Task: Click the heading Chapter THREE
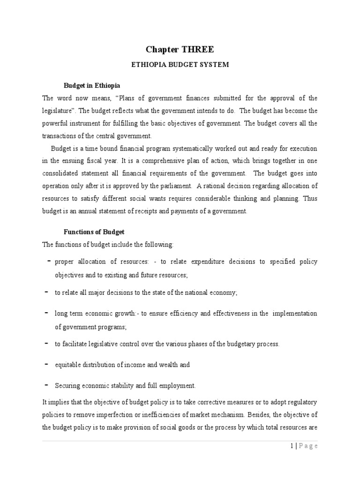(x=180, y=50)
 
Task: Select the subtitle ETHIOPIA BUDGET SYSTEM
(x=180, y=65)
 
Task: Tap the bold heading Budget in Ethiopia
(x=92, y=86)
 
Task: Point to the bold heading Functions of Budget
(x=94, y=232)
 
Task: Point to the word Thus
(x=309, y=199)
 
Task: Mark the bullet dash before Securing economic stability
(x=47, y=384)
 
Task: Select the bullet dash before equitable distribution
(x=47, y=364)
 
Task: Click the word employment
(x=179, y=386)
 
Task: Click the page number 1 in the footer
(x=292, y=446)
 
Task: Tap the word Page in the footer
(x=307, y=446)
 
